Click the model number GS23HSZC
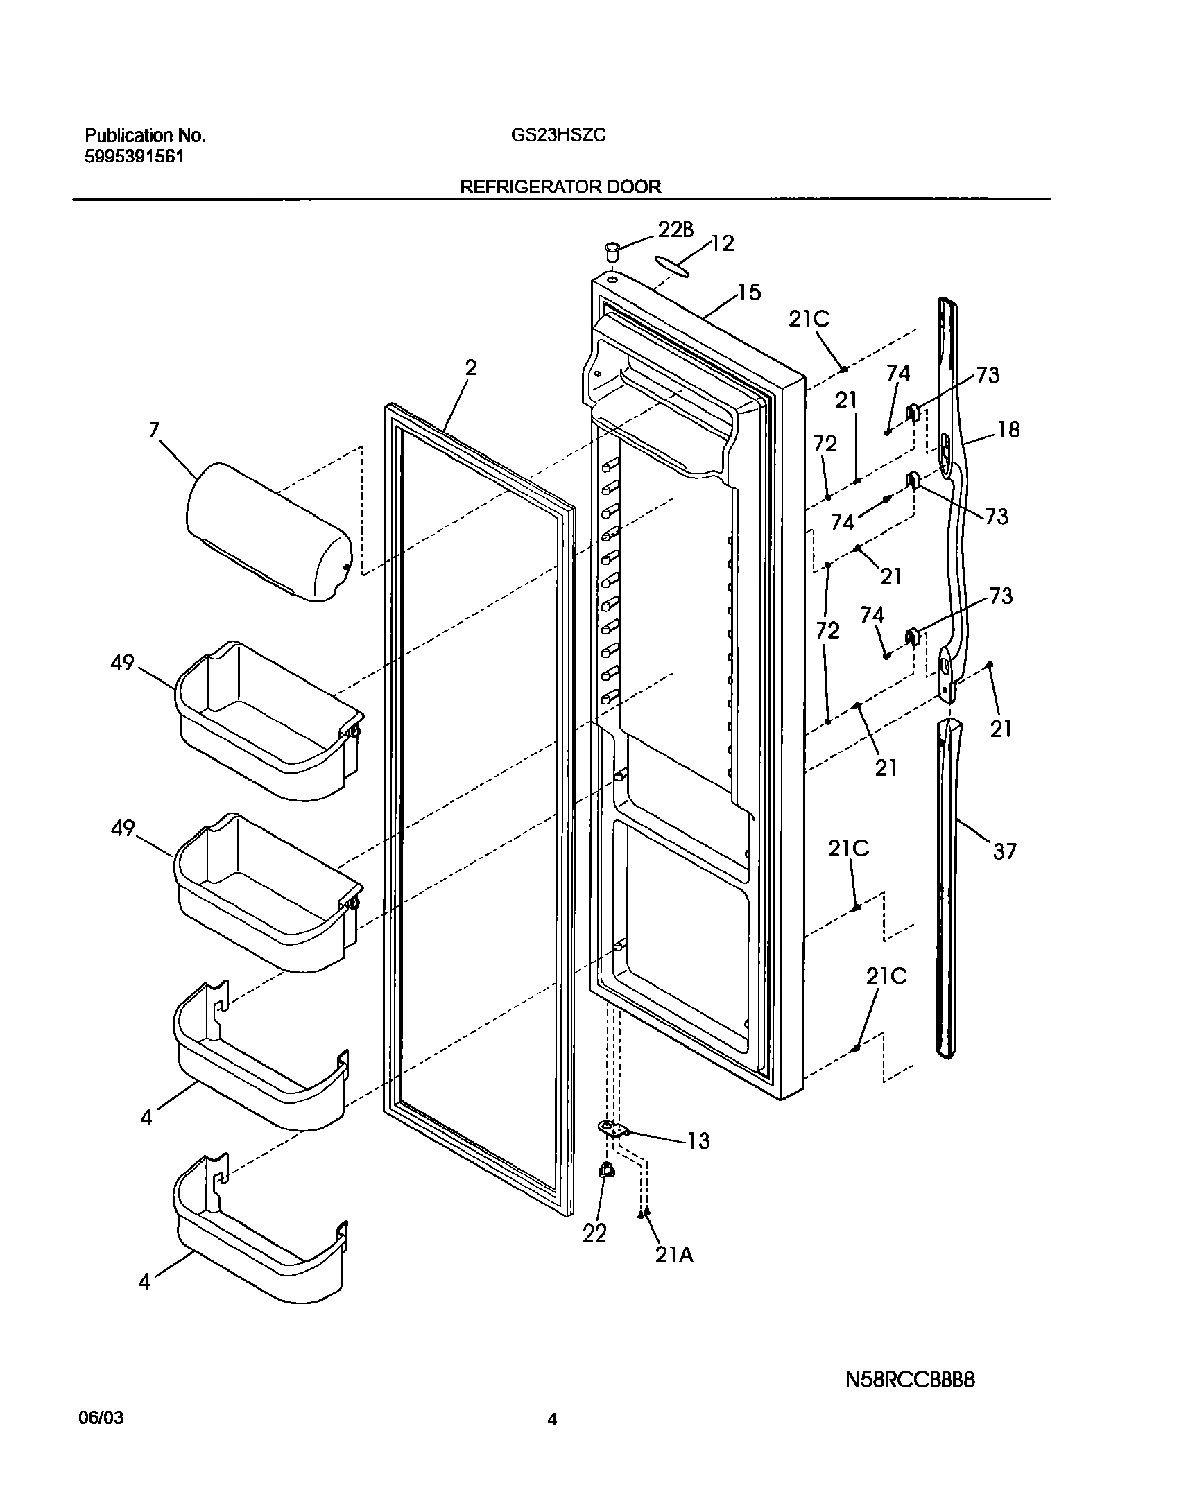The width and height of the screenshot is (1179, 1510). point(558,136)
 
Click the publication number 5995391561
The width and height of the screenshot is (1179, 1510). point(135,157)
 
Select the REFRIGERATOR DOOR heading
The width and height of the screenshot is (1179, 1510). point(560,186)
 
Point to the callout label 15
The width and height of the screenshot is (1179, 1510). point(748,293)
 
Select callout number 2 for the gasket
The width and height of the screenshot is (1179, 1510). point(471,368)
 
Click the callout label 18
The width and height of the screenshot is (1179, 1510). point(1008,430)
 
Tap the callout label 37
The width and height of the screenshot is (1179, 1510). point(1004,851)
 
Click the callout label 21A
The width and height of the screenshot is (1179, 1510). point(674,1254)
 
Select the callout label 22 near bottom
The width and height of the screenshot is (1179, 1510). point(594,1233)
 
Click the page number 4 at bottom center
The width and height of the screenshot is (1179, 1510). point(552,1439)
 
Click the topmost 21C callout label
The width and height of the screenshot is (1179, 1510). point(809,320)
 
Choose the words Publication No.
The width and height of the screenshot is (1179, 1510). point(145,136)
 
